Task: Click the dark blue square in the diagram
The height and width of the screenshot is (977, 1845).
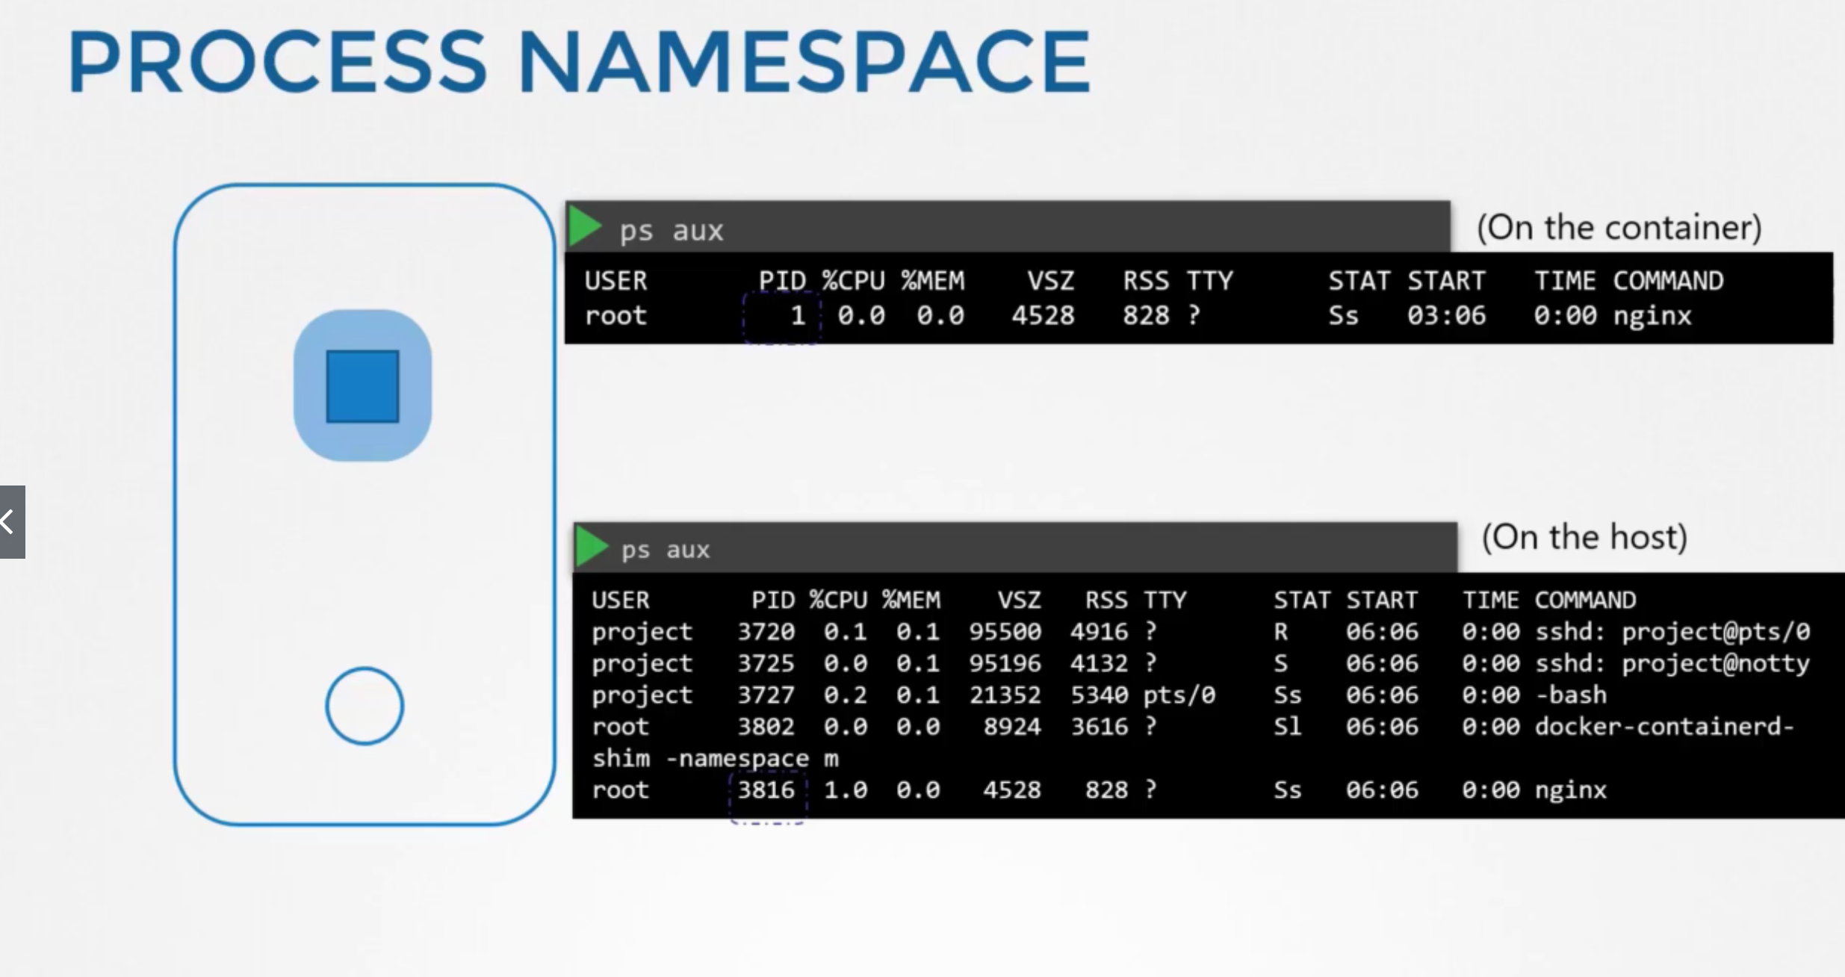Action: (x=363, y=386)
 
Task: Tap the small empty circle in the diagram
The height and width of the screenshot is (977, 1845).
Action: (x=365, y=706)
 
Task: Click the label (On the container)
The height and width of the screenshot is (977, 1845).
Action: (x=1619, y=227)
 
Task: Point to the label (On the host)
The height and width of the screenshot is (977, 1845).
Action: (x=1584, y=537)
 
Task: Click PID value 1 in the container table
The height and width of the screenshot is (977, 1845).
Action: (x=797, y=316)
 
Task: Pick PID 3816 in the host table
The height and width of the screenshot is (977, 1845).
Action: (x=766, y=790)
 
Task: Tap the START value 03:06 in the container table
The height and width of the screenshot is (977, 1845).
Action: (x=1446, y=316)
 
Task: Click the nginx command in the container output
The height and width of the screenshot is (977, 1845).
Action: (x=1652, y=316)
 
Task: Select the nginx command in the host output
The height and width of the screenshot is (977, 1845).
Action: (x=1570, y=790)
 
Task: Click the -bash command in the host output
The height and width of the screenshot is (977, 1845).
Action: (x=1570, y=695)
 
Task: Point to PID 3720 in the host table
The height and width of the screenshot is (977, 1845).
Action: (x=766, y=632)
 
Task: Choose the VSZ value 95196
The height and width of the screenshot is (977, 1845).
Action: (x=1005, y=663)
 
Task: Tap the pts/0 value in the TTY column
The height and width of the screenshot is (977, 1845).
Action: (x=1179, y=695)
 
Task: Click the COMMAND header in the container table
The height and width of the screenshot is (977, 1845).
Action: (x=1668, y=281)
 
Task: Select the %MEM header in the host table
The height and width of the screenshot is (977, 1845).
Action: (x=911, y=600)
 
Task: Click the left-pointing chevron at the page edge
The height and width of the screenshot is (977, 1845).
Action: (x=9, y=521)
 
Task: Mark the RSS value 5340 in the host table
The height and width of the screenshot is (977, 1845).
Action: (x=1099, y=695)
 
